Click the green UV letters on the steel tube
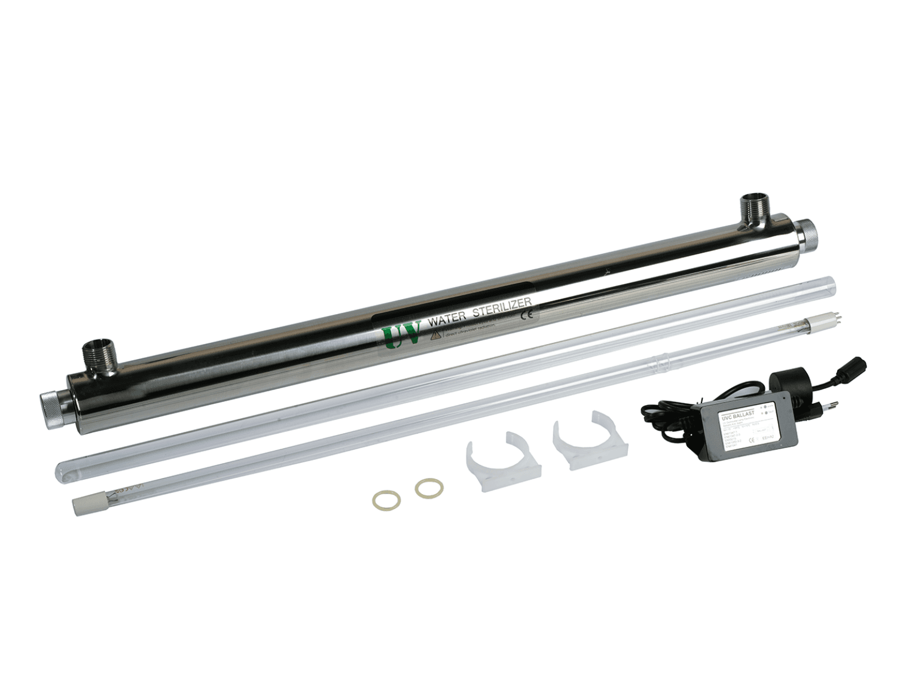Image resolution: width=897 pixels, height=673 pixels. tap(401, 335)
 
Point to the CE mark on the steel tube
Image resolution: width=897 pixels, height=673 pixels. tap(527, 313)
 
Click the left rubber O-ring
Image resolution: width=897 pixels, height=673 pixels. tap(382, 498)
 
